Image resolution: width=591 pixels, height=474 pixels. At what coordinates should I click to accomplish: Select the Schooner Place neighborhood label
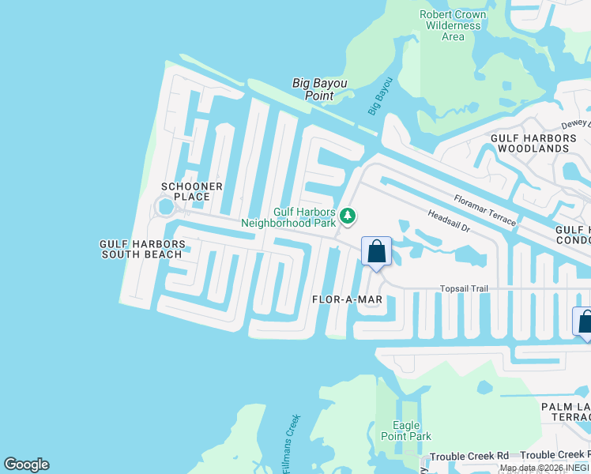(186, 191)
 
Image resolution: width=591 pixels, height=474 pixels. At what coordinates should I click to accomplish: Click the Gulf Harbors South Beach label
(142, 249)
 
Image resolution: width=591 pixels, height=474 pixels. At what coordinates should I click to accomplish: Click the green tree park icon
(348, 216)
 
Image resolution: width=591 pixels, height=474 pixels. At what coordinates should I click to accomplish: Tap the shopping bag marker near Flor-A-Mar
(377, 252)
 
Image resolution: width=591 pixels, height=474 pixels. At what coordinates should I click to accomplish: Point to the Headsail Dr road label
(449, 220)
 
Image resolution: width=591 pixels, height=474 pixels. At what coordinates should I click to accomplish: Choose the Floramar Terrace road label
(485, 211)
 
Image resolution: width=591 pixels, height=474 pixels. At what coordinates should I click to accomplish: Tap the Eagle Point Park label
(405, 431)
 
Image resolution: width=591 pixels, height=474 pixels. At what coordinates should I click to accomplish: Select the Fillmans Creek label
(289, 444)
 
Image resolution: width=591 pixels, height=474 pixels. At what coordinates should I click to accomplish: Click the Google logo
(26, 465)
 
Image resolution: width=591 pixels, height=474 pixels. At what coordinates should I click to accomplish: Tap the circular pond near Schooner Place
(165, 207)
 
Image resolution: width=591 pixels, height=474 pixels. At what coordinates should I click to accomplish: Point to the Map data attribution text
(544, 468)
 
